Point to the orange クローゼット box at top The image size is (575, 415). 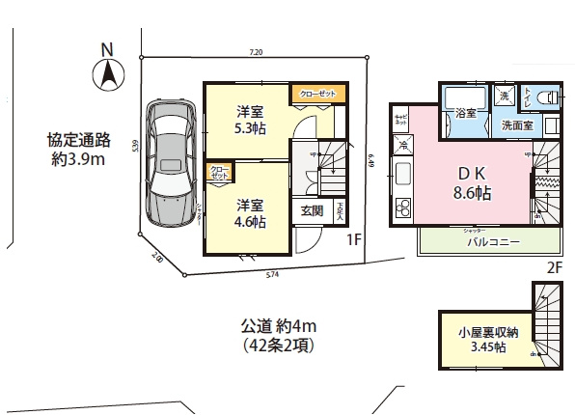click(318, 94)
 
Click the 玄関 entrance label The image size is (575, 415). click(312, 211)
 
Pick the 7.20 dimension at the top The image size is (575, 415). click(256, 51)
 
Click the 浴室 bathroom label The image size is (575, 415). click(466, 113)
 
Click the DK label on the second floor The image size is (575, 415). click(472, 173)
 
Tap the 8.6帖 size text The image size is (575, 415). click(472, 193)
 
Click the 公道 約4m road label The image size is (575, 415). click(279, 323)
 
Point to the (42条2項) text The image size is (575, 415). click(280, 344)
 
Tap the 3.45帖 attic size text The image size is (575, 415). click(487, 348)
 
